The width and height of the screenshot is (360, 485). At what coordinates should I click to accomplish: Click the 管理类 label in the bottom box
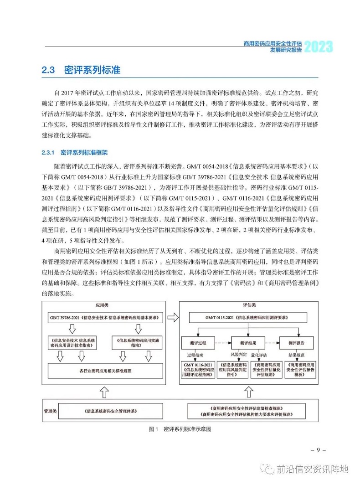pos(50,411)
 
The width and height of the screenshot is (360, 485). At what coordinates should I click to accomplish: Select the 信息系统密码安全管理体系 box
pos(113,411)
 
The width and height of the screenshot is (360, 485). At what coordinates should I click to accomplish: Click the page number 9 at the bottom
pos(319,450)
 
